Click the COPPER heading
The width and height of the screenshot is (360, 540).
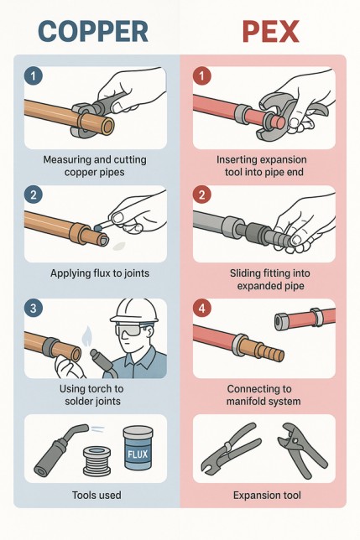pyautogui.click(x=93, y=31)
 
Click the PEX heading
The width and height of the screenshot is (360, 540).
pyautogui.click(x=270, y=31)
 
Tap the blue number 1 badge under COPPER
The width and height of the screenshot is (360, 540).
pyautogui.click(x=33, y=75)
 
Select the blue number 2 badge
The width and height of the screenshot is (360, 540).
pyautogui.click(x=33, y=195)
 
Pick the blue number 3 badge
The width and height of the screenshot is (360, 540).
pyautogui.click(x=33, y=308)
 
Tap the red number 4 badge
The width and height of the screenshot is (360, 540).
pyautogui.click(x=202, y=308)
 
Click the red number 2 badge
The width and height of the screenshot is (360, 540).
pyautogui.click(x=202, y=195)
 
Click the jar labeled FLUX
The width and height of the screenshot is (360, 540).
pyautogui.click(x=138, y=448)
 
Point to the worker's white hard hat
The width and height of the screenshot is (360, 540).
pyautogui.click(x=134, y=311)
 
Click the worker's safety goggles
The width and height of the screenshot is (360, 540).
pyautogui.click(x=130, y=330)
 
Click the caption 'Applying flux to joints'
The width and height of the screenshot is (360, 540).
pyautogui.click(x=100, y=273)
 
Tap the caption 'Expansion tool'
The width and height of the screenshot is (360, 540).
pyautogui.click(x=267, y=496)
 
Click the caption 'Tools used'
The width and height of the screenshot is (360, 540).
pyautogui.click(x=97, y=496)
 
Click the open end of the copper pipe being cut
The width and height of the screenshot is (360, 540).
pyautogui.click(x=107, y=127)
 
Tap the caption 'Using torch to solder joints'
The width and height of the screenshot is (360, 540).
pyautogui.click(x=91, y=395)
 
